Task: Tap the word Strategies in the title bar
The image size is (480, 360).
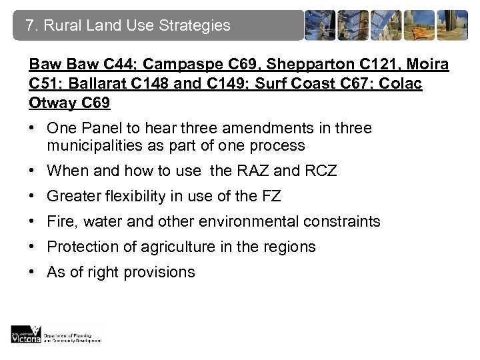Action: [196, 27]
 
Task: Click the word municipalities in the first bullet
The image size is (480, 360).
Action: [89, 145]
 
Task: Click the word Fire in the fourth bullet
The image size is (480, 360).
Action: [60, 221]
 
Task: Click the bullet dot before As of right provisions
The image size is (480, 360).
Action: [33, 272]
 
